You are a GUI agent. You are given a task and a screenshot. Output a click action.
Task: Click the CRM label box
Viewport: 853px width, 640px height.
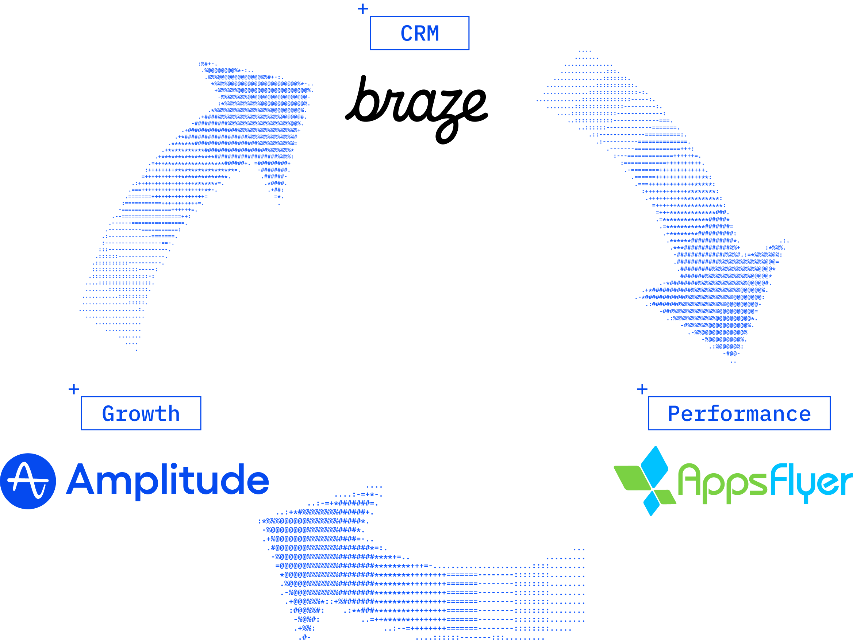pyautogui.click(x=419, y=33)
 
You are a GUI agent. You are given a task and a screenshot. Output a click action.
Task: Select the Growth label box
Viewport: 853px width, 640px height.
pyautogui.click(x=141, y=413)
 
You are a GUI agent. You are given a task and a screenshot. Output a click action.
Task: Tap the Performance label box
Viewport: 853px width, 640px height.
pyautogui.click(x=739, y=413)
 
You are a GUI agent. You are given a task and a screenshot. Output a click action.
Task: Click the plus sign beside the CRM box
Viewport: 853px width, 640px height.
pyautogui.click(x=363, y=9)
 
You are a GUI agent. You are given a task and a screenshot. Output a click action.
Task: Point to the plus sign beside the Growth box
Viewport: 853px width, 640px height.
pyautogui.click(x=74, y=389)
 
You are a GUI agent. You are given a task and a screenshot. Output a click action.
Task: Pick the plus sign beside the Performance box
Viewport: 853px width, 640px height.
pyautogui.click(x=642, y=389)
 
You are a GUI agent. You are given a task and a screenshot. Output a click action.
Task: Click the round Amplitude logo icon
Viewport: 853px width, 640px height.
pyautogui.click(x=28, y=481)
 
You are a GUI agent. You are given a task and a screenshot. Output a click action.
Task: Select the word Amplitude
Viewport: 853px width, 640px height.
pyautogui.click(x=168, y=480)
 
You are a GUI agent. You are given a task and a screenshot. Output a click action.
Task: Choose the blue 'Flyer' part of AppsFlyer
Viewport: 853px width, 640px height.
pyautogui.click(x=810, y=482)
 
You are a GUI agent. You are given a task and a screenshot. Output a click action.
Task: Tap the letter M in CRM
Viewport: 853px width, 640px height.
pyautogui.click(x=433, y=34)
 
